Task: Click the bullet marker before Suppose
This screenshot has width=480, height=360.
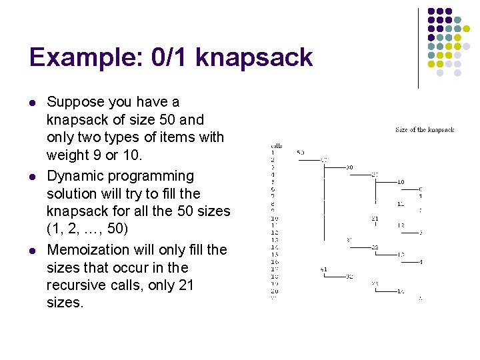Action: coord(32,103)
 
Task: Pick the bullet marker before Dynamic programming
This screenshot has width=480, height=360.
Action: coord(32,177)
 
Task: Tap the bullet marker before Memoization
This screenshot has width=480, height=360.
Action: coord(32,250)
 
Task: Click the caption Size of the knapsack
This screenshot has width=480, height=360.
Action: coord(425,130)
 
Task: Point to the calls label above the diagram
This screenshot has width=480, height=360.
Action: coord(276,145)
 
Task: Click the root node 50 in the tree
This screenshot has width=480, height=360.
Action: coord(300,153)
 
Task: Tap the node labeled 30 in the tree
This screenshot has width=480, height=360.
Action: coord(350,167)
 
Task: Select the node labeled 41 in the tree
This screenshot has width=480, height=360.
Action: coord(323,269)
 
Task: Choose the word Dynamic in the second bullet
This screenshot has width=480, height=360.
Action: coord(74,176)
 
